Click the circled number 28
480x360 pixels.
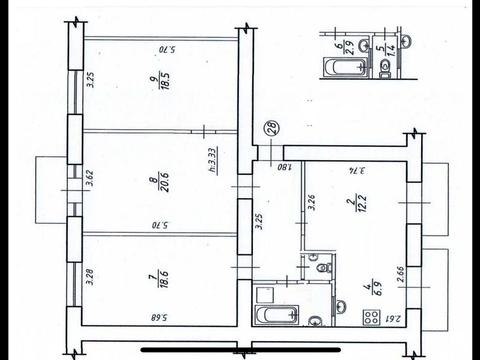point(271,128)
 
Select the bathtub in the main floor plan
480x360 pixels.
point(274,316)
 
